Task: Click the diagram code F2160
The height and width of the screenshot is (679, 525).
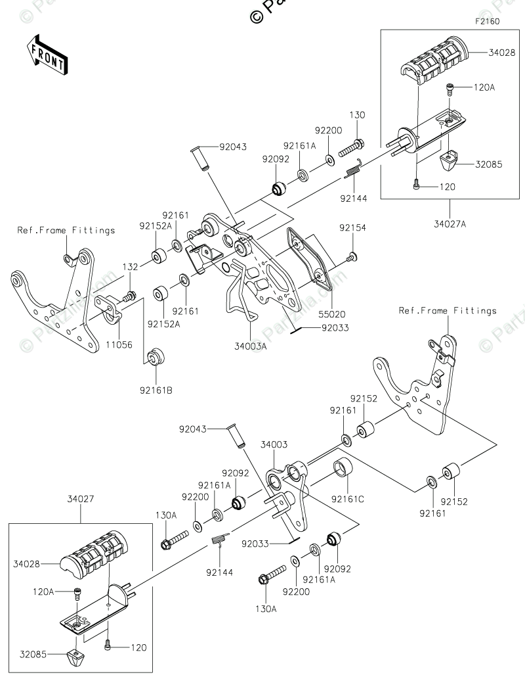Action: (x=488, y=22)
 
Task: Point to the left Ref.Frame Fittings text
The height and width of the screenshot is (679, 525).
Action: (x=66, y=230)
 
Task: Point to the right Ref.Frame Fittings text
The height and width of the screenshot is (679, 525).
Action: (x=448, y=310)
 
